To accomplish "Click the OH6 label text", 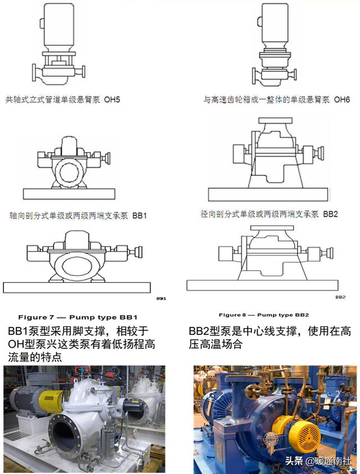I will click(341, 100).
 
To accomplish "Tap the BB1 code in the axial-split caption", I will click(139, 215).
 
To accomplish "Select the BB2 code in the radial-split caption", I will click(330, 214).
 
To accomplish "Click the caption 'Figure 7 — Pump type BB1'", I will click(78, 317).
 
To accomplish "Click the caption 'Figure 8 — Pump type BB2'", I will click(264, 315).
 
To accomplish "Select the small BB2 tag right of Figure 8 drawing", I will click(340, 297).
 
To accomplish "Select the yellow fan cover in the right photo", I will click(304, 435).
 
